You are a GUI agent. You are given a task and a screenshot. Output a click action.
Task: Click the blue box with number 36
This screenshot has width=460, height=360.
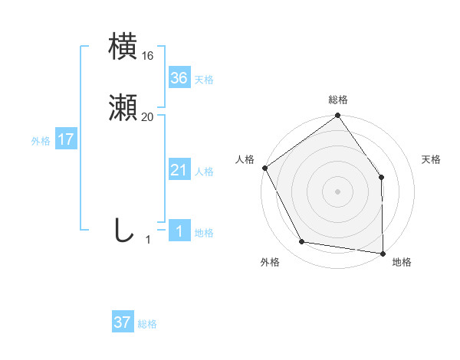179,77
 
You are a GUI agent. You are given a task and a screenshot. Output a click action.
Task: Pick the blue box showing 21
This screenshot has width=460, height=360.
179,170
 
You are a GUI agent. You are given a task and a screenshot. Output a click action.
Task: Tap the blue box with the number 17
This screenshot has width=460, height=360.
65,139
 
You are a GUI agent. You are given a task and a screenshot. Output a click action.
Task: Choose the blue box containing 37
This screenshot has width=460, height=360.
122,322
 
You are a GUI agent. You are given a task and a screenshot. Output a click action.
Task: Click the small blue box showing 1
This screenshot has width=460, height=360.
179,231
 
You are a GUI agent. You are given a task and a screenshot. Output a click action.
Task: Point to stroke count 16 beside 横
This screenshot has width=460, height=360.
148,56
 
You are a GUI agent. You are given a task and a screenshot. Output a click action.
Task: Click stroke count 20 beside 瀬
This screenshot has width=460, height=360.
148,117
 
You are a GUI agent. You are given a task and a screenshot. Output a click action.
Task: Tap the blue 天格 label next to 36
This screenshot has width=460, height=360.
203,79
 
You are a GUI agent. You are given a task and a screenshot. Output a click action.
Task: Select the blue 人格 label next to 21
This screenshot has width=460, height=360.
203,172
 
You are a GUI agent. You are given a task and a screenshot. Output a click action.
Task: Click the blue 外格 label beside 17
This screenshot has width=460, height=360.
41,141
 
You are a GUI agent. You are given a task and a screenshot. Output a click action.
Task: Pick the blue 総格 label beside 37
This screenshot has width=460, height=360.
147,324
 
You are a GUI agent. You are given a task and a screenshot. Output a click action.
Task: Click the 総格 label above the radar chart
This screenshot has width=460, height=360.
337,100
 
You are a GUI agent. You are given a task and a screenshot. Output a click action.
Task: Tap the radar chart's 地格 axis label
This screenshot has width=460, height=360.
402,262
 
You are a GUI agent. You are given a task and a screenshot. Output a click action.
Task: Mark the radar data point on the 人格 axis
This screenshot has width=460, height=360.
264,168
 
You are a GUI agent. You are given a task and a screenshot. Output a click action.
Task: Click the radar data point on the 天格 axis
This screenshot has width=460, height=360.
382,178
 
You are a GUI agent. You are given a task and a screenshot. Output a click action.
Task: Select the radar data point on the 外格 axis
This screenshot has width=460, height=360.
302,242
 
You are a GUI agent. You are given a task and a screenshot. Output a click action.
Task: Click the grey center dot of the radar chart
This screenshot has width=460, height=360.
337,191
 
